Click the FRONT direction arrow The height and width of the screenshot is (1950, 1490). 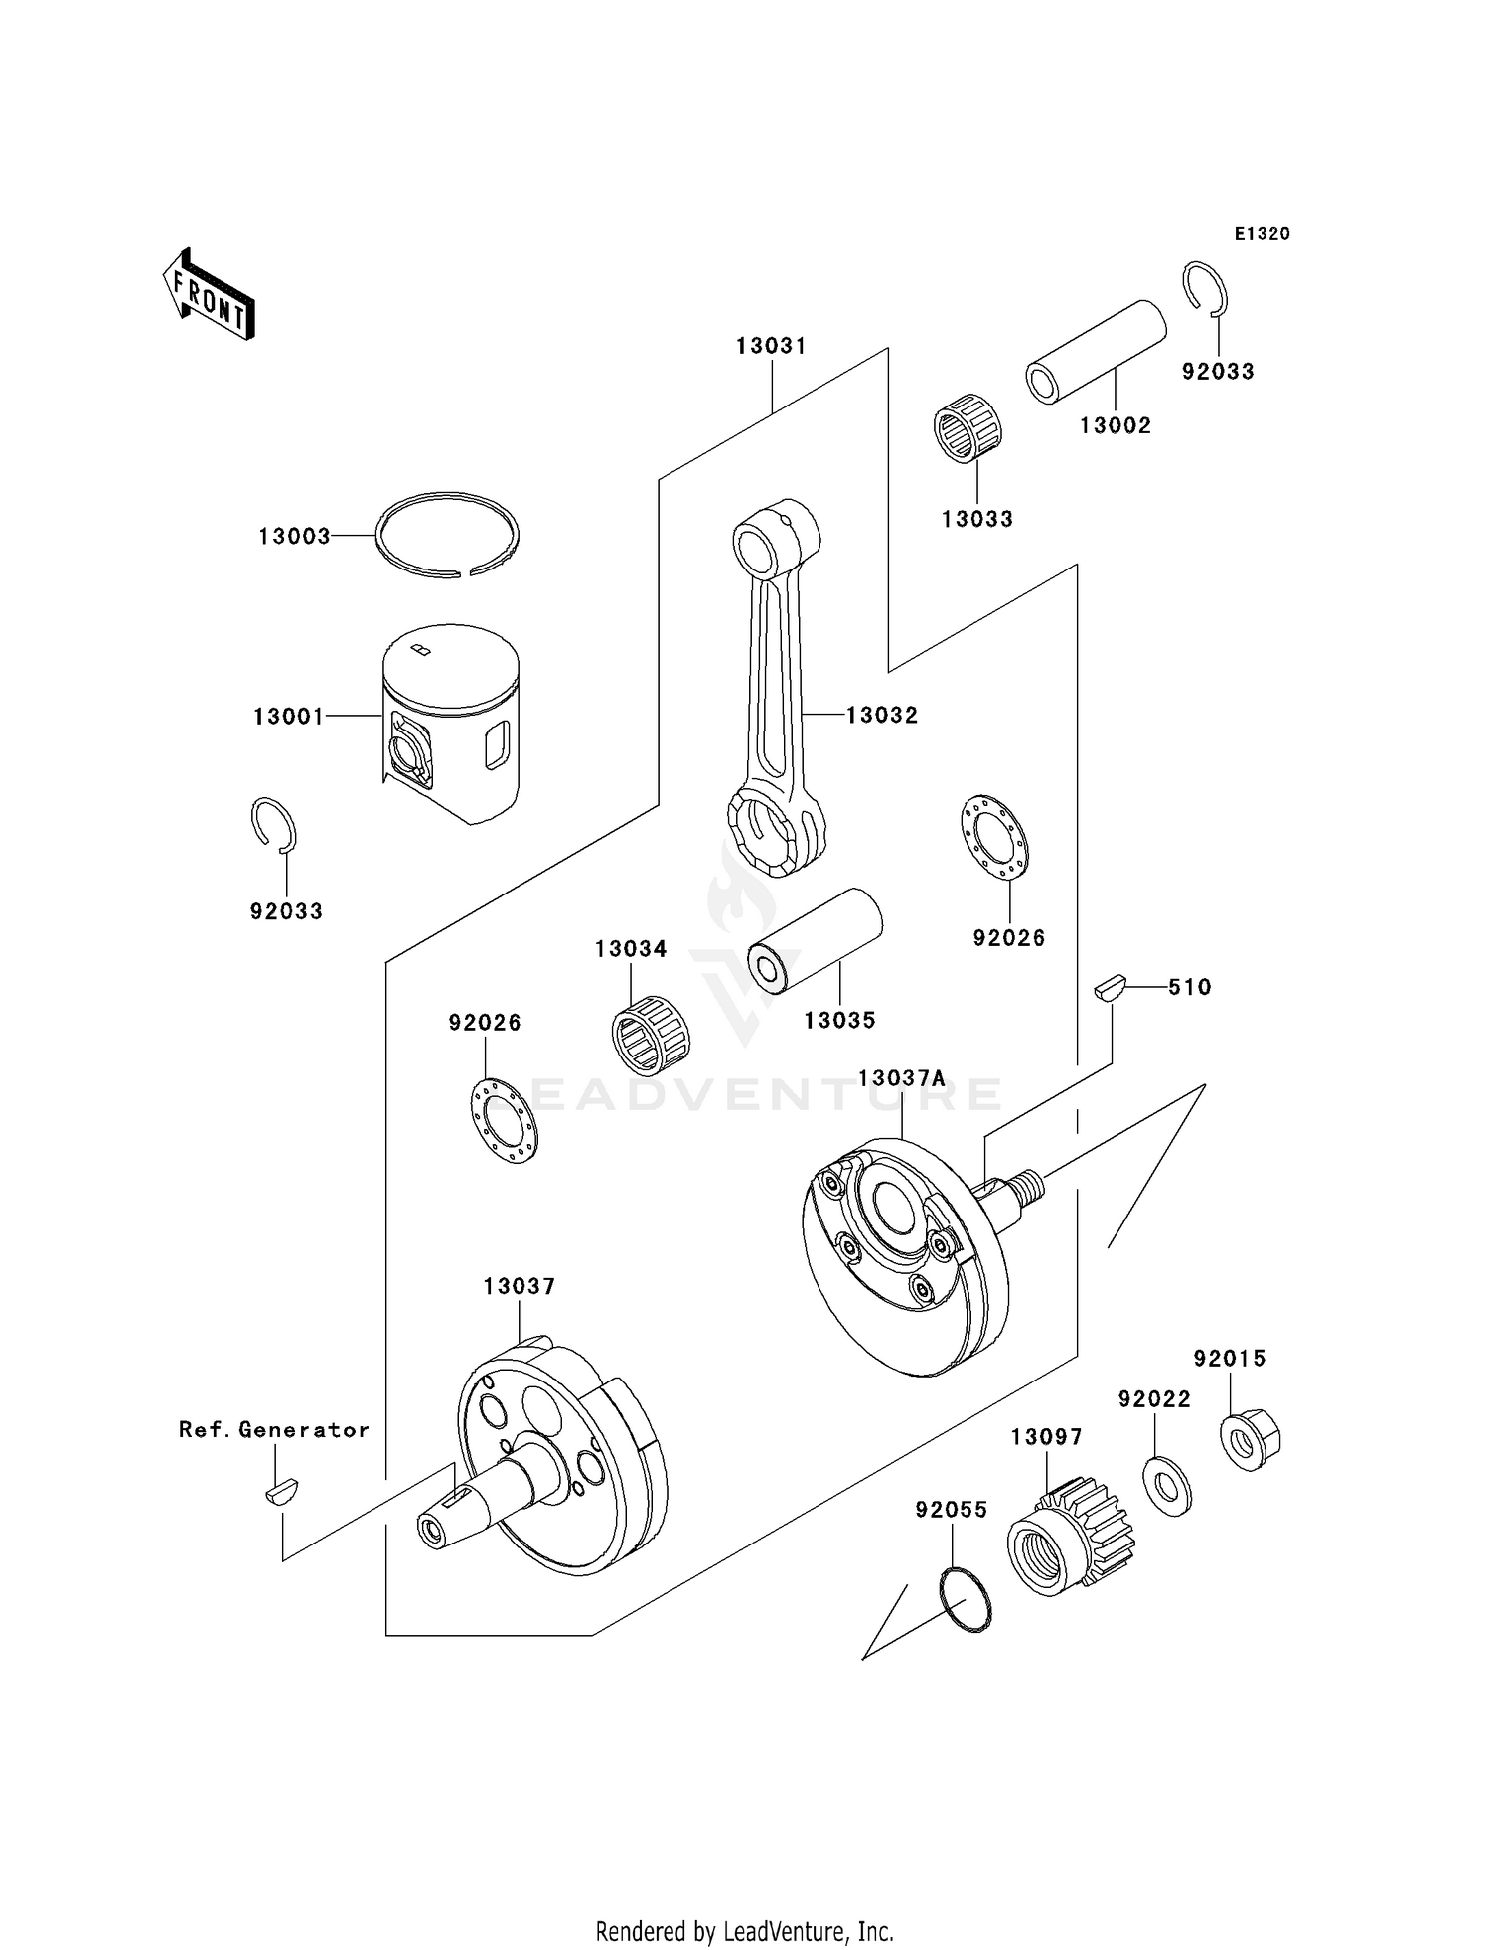point(210,295)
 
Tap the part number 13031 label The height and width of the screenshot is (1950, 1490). point(771,346)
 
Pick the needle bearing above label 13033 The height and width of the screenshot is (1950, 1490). point(968,428)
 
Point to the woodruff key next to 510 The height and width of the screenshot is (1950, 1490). point(1110,988)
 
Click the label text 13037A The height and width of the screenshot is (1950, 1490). point(902,1078)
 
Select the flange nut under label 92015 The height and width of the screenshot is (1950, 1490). point(1250,1439)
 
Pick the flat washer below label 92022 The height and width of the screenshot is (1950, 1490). point(1167,1487)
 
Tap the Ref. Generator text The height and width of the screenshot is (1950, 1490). point(274,1429)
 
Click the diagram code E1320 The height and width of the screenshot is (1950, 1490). point(1262,234)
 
